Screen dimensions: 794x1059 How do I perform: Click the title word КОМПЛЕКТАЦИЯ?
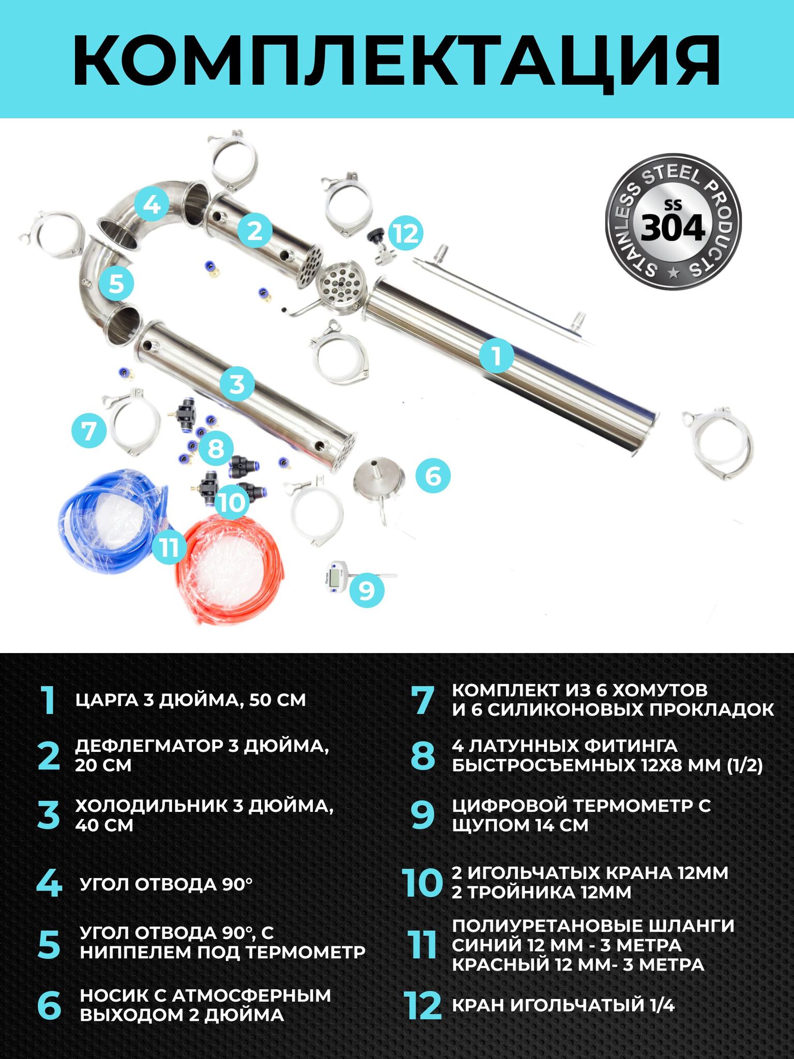tap(397, 60)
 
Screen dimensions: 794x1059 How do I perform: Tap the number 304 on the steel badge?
tap(673, 228)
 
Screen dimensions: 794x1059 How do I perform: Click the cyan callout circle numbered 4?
tap(151, 204)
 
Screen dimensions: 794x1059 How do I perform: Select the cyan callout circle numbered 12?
tap(406, 233)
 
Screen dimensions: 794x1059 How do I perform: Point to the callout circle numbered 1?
tap(497, 356)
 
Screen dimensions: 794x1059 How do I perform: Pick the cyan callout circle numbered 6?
tap(433, 475)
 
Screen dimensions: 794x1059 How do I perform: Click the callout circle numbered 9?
tap(367, 589)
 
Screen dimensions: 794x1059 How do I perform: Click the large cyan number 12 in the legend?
tap(423, 1006)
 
